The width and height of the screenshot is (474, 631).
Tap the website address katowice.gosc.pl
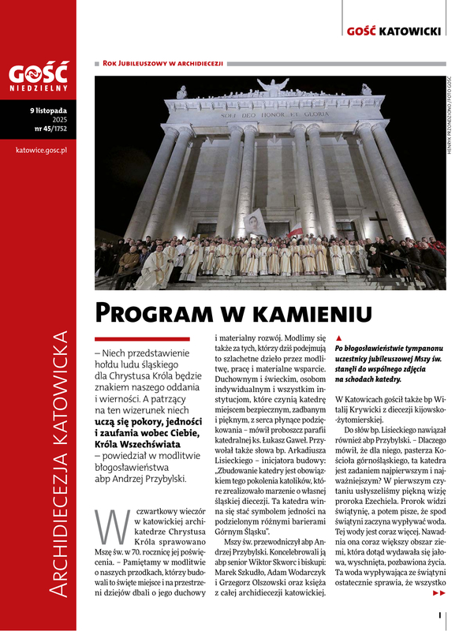pos(39,148)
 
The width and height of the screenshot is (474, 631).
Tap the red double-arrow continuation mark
pos(439,593)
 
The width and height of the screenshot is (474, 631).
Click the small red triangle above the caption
pos(338,338)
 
